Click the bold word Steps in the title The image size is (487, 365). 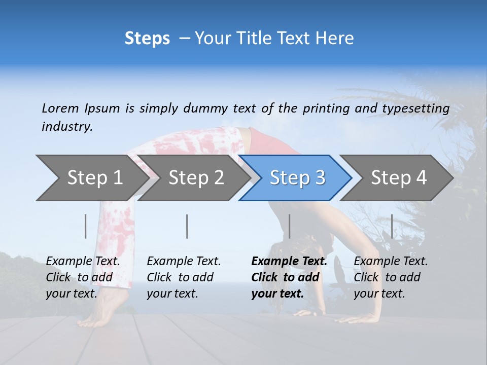(147, 39)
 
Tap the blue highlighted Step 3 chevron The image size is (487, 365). (297, 178)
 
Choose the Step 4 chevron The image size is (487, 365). (399, 178)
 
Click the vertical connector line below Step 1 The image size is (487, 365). (86, 226)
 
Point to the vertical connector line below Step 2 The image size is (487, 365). (187, 226)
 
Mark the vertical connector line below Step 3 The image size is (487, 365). (289, 226)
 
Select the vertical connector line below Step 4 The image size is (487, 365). (392, 226)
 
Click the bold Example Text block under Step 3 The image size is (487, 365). (289, 277)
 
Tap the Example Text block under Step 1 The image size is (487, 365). (83, 277)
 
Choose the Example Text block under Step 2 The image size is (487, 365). (184, 277)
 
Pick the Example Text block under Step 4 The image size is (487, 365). (391, 277)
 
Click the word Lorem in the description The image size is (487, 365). (60, 108)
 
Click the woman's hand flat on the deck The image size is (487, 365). (355, 318)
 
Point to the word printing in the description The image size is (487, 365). (327, 108)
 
